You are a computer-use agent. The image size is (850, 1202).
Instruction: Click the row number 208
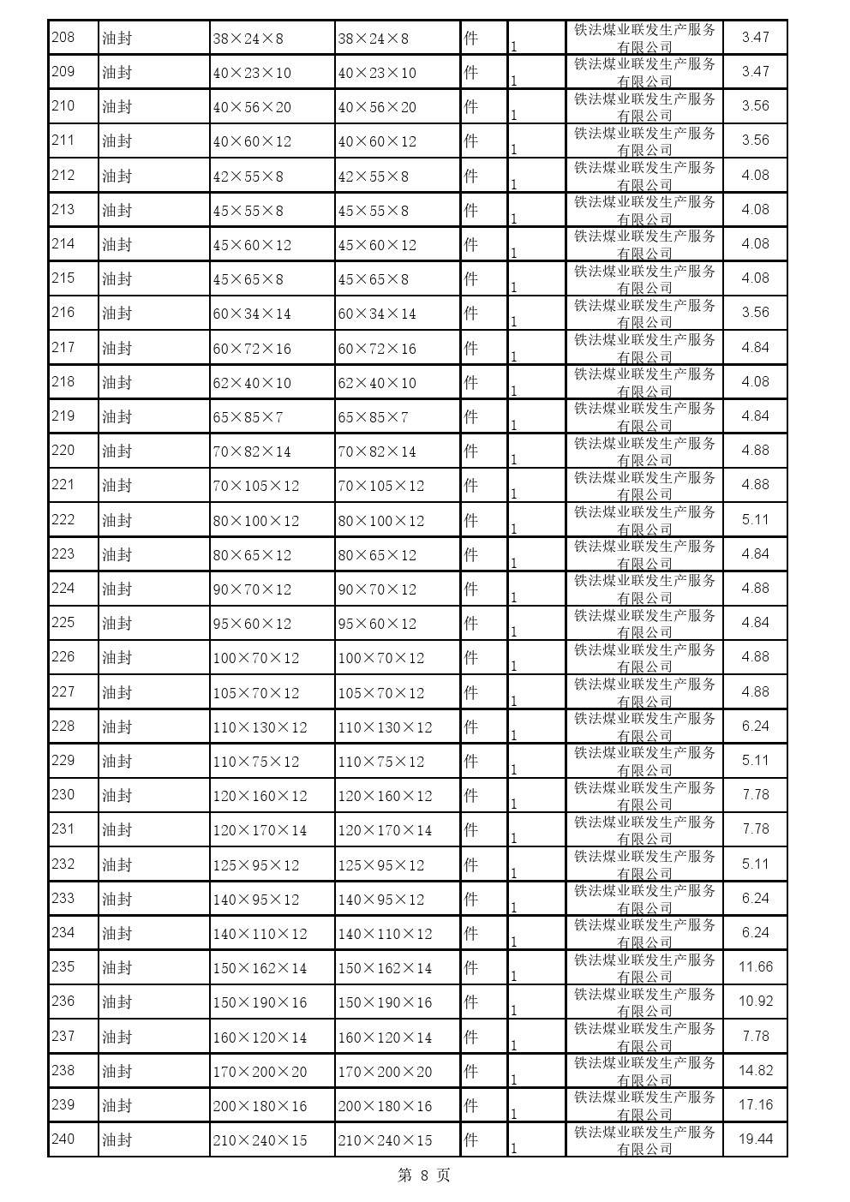pyautogui.click(x=63, y=37)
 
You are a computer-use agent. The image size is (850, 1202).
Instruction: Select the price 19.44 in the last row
pyautogui.click(x=755, y=1139)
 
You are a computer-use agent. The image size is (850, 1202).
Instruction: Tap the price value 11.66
pyautogui.click(x=755, y=966)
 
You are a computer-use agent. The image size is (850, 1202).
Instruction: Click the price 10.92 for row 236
pyautogui.click(x=755, y=1001)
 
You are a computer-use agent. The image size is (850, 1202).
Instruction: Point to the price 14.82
pyautogui.click(x=755, y=1070)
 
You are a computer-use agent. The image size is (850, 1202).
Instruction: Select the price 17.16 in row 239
pyautogui.click(x=755, y=1104)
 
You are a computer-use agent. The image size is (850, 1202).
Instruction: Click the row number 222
pyautogui.click(x=63, y=519)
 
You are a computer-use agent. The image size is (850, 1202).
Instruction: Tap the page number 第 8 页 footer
pyautogui.click(x=424, y=1175)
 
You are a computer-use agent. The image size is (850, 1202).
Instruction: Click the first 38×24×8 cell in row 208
pyautogui.click(x=248, y=39)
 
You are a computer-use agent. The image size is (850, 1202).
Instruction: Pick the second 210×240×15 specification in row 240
pyautogui.click(x=385, y=1140)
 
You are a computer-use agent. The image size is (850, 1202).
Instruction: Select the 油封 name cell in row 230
pyautogui.click(x=117, y=795)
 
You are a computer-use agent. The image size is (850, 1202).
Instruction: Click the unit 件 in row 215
pyautogui.click(x=470, y=278)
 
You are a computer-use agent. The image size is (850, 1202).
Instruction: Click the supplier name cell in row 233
pyautogui.click(x=644, y=899)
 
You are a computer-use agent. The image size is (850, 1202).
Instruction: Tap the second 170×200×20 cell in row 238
pyautogui.click(x=385, y=1072)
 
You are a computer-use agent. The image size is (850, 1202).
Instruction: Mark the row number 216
pyautogui.click(x=63, y=312)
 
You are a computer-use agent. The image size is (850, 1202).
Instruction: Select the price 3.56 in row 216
pyautogui.click(x=755, y=312)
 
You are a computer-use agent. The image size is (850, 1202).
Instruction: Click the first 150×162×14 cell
pyautogui.click(x=260, y=968)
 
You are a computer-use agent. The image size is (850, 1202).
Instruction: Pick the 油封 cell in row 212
pyautogui.click(x=117, y=176)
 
